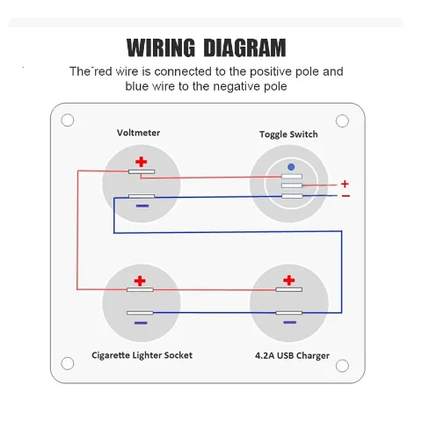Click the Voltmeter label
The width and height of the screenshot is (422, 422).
[x=138, y=133]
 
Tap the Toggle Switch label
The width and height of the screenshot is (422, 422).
[x=288, y=135]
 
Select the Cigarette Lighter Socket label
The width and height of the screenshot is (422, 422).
[x=142, y=355]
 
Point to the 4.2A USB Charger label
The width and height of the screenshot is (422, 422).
[x=292, y=355]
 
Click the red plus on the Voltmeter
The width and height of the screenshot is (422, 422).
[x=142, y=162]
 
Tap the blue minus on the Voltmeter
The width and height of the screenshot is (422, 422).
[x=142, y=206]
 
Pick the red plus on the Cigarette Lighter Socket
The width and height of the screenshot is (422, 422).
[x=140, y=280]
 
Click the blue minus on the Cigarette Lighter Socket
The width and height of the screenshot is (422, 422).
[x=141, y=323]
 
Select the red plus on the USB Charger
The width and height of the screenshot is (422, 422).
[x=289, y=280]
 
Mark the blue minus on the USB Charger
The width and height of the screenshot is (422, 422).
[x=290, y=323]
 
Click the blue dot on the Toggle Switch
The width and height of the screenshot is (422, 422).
[x=291, y=167]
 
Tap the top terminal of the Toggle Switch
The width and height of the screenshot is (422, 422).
[x=292, y=176]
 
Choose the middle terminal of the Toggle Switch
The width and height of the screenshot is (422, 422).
[x=292, y=186]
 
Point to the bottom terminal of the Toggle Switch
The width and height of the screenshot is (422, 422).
[x=292, y=196]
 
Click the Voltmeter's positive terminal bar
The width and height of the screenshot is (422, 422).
[x=142, y=171]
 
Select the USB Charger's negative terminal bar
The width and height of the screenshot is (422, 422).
[x=289, y=313]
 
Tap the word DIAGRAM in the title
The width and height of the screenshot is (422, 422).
[x=244, y=47]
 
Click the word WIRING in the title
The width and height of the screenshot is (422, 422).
[x=161, y=47]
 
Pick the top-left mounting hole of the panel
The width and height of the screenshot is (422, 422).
[x=68, y=120]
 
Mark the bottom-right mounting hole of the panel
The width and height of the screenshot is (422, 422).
[x=342, y=366]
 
